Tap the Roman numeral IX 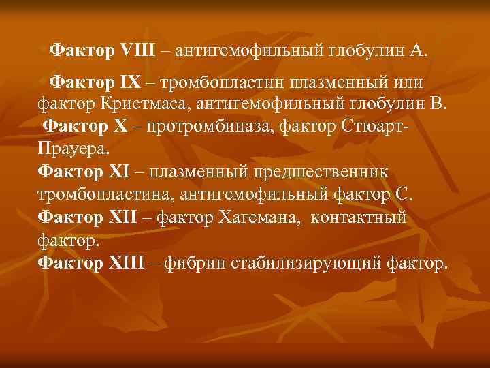coord(129,82)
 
